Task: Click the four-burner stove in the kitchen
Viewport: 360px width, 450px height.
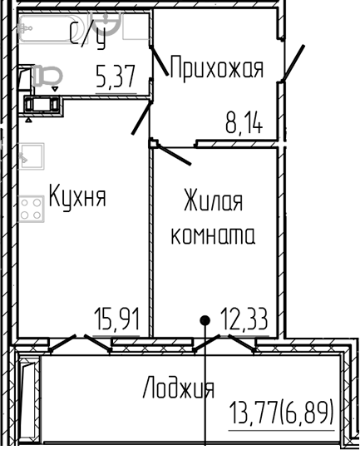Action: pos(32,206)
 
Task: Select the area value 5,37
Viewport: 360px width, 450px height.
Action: pos(116,80)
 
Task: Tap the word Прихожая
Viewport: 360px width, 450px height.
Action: pos(216,67)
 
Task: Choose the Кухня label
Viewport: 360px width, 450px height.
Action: pos(77,197)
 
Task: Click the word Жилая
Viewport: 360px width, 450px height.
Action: pos(213,201)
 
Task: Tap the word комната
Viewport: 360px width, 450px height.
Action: pos(213,235)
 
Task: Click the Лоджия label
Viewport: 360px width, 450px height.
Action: pos(178,388)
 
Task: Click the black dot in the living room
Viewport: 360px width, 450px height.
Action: pos(204,319)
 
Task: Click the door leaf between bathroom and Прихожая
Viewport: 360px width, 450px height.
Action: pos(143,118)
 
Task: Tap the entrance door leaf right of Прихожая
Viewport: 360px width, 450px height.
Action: pos(292,64)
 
